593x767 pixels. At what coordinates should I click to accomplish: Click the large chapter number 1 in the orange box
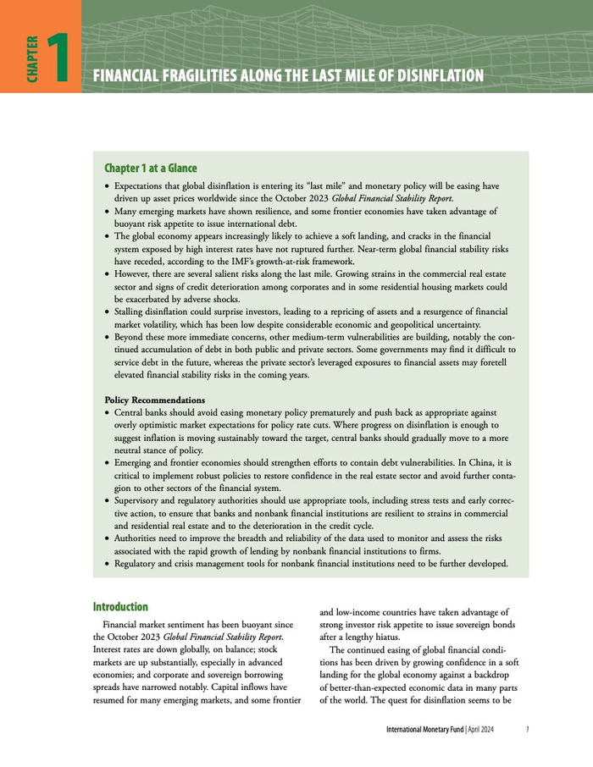tap(58, 58)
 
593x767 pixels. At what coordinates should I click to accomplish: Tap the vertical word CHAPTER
tap(32, 58)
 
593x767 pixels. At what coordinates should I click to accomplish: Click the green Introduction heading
tap(120, 607)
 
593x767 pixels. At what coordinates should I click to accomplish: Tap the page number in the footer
tap(527, 729)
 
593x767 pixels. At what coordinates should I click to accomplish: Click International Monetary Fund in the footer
tap(424, 729)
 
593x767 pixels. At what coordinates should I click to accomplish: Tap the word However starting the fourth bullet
tap(134, 274)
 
